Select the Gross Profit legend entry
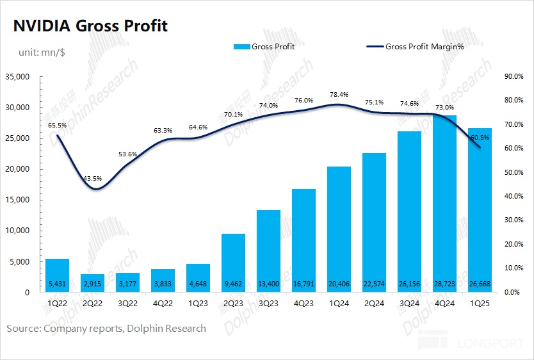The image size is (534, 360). point(264,47)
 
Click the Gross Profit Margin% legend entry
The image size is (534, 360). point(423,47)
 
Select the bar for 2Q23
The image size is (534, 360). point(233,263)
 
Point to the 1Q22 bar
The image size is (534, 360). point(57,275)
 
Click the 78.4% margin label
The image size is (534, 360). point(338,94)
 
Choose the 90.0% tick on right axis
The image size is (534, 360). point(514,77)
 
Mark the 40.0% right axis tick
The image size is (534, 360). point(514,197)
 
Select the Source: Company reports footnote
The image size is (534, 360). point(106,328)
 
